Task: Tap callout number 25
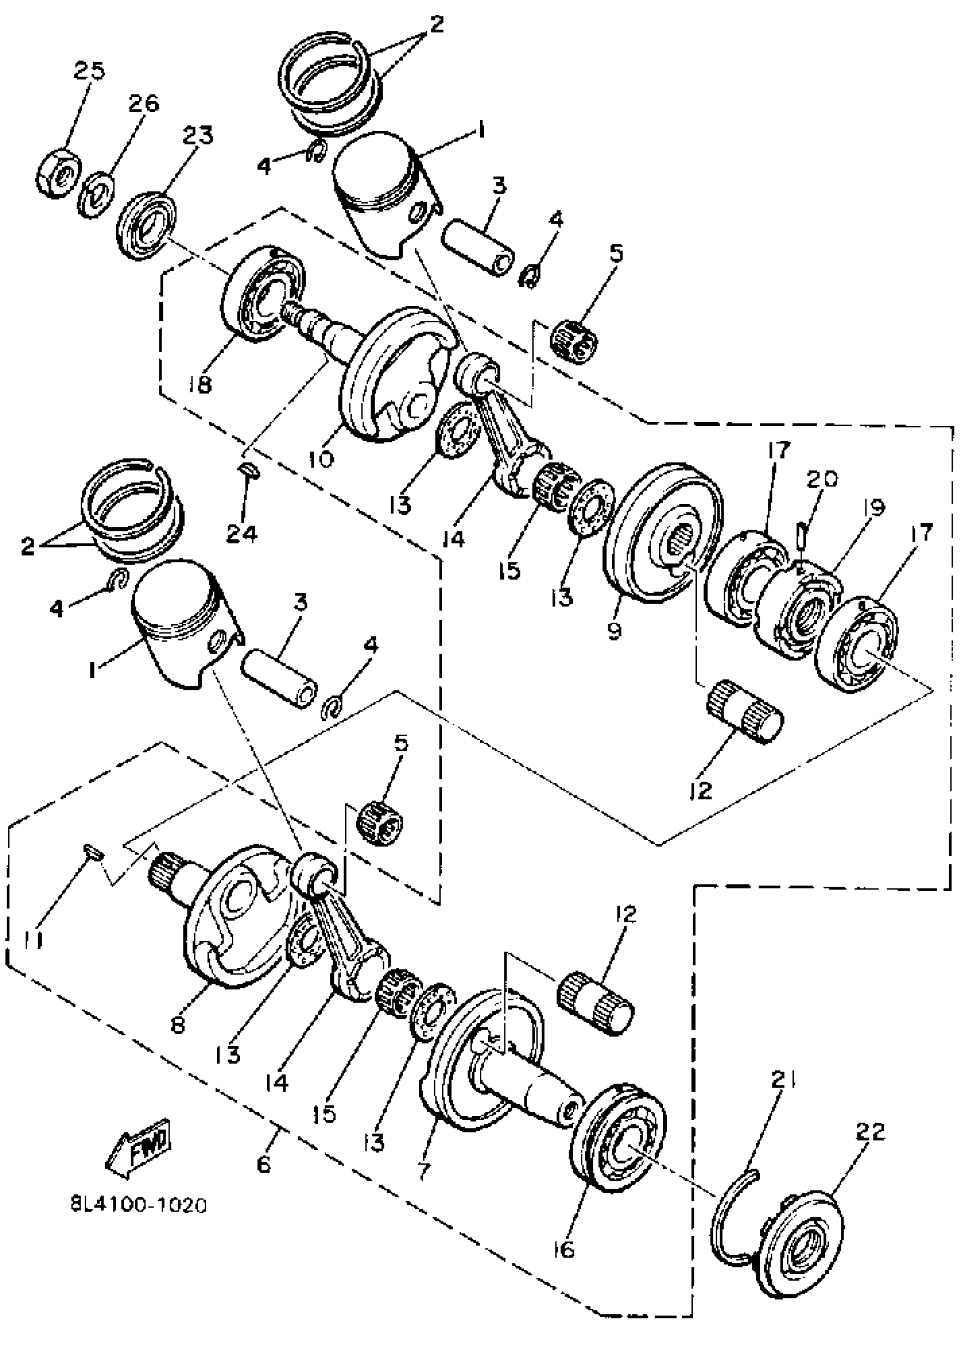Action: pos(89,71)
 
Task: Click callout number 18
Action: pos(200,385)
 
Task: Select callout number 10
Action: pos(322,459)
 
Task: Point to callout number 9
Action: pos(613,630)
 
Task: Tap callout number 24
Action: pos(242,534)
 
